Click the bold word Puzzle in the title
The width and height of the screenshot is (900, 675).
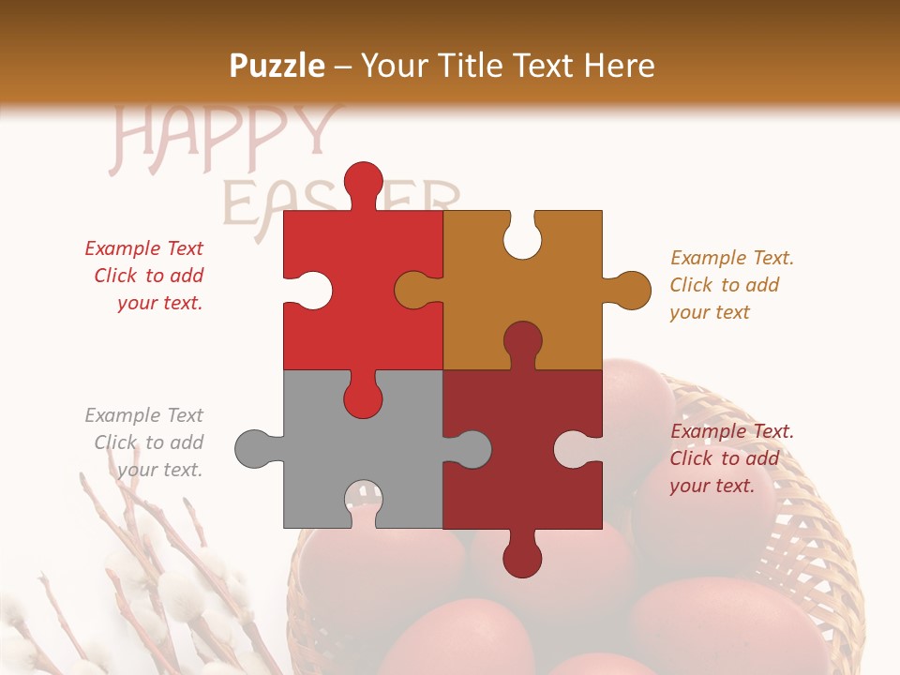pos(277,66)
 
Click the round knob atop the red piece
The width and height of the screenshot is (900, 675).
pos(363,180)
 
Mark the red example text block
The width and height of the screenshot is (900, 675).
pos(145,276)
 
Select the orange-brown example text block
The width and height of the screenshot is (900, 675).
pos(731,285)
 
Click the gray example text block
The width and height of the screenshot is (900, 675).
pos(145,442)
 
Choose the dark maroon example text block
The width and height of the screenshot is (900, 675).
pos(731,458)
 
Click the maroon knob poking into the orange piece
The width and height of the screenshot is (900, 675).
pos(522,341)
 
